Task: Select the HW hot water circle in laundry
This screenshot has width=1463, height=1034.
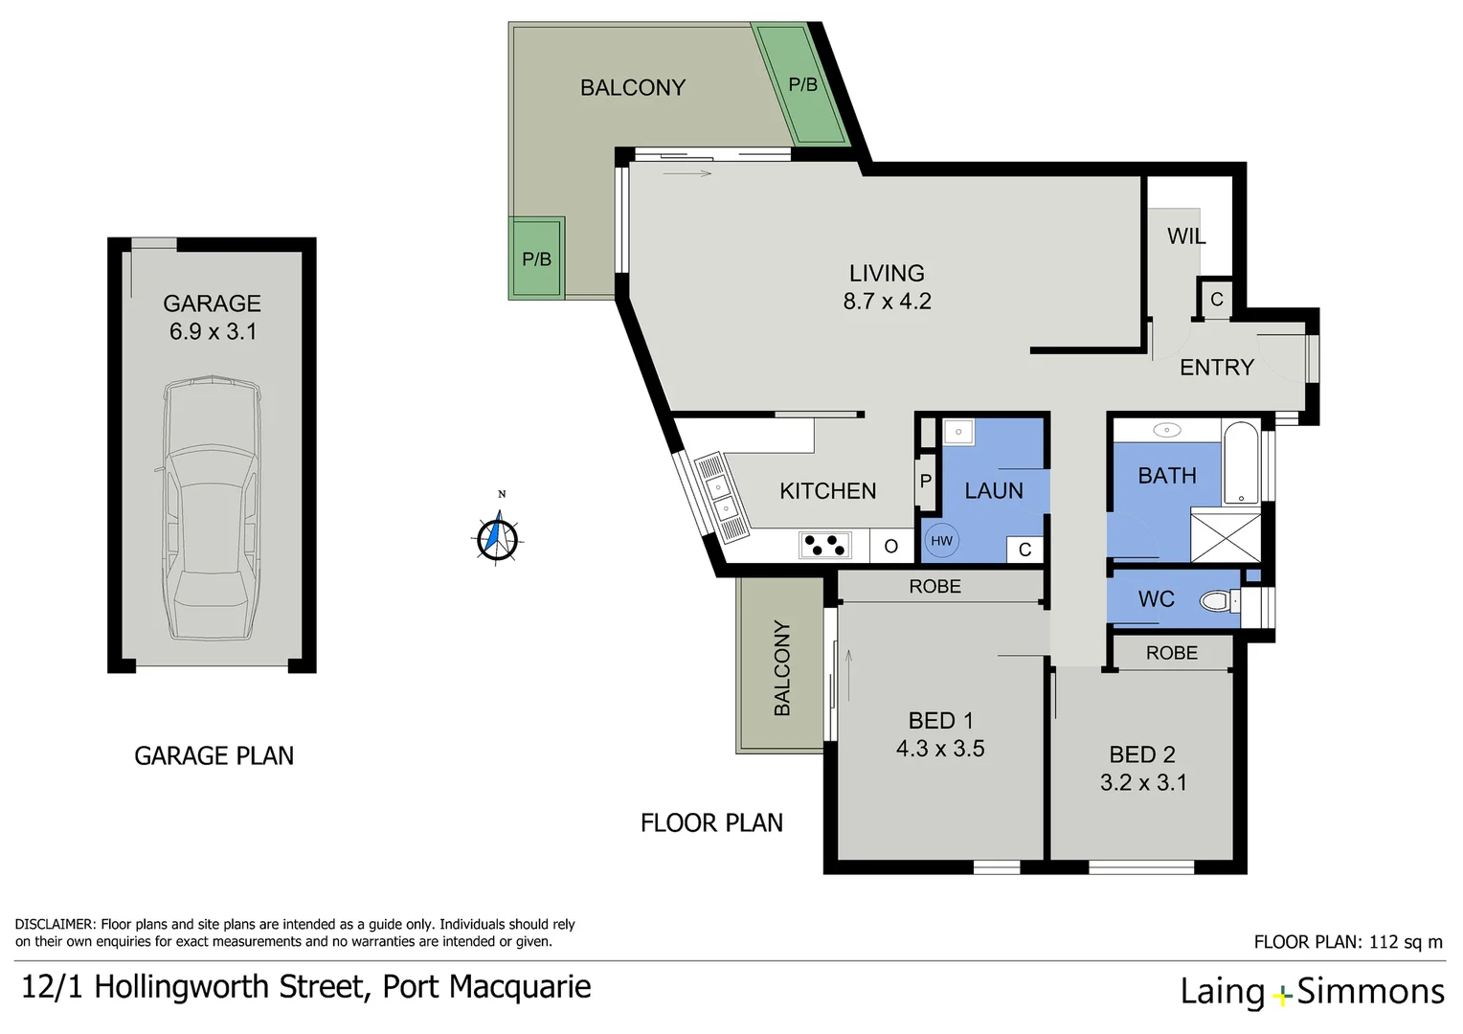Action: click(941, 541)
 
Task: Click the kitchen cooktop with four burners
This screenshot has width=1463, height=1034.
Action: click(824, 546)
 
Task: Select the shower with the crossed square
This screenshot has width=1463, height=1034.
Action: click(1226, 536)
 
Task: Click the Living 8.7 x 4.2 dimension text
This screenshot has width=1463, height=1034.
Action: click(887, 302)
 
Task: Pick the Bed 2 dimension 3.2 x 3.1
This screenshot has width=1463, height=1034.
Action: click(1143, 783)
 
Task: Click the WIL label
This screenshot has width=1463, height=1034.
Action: click(1185, 236)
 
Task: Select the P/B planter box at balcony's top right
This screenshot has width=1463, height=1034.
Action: click(802, 85)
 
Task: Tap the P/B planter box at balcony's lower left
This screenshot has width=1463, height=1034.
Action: click(536, 258)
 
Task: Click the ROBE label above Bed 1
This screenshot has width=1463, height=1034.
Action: click(934, 586)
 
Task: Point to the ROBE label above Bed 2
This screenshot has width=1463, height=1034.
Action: click(1171, 653)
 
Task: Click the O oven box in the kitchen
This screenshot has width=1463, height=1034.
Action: click(890, 546)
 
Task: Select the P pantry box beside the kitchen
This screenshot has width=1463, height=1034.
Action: click(925, 481)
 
